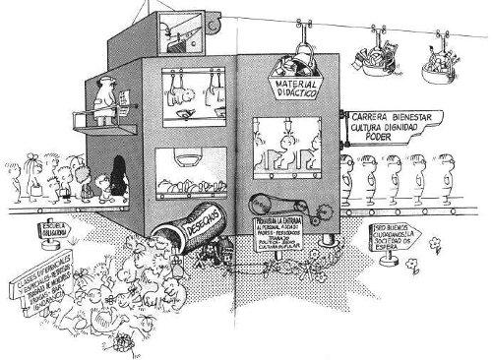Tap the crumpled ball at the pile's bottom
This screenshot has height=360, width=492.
coord(124,338)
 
